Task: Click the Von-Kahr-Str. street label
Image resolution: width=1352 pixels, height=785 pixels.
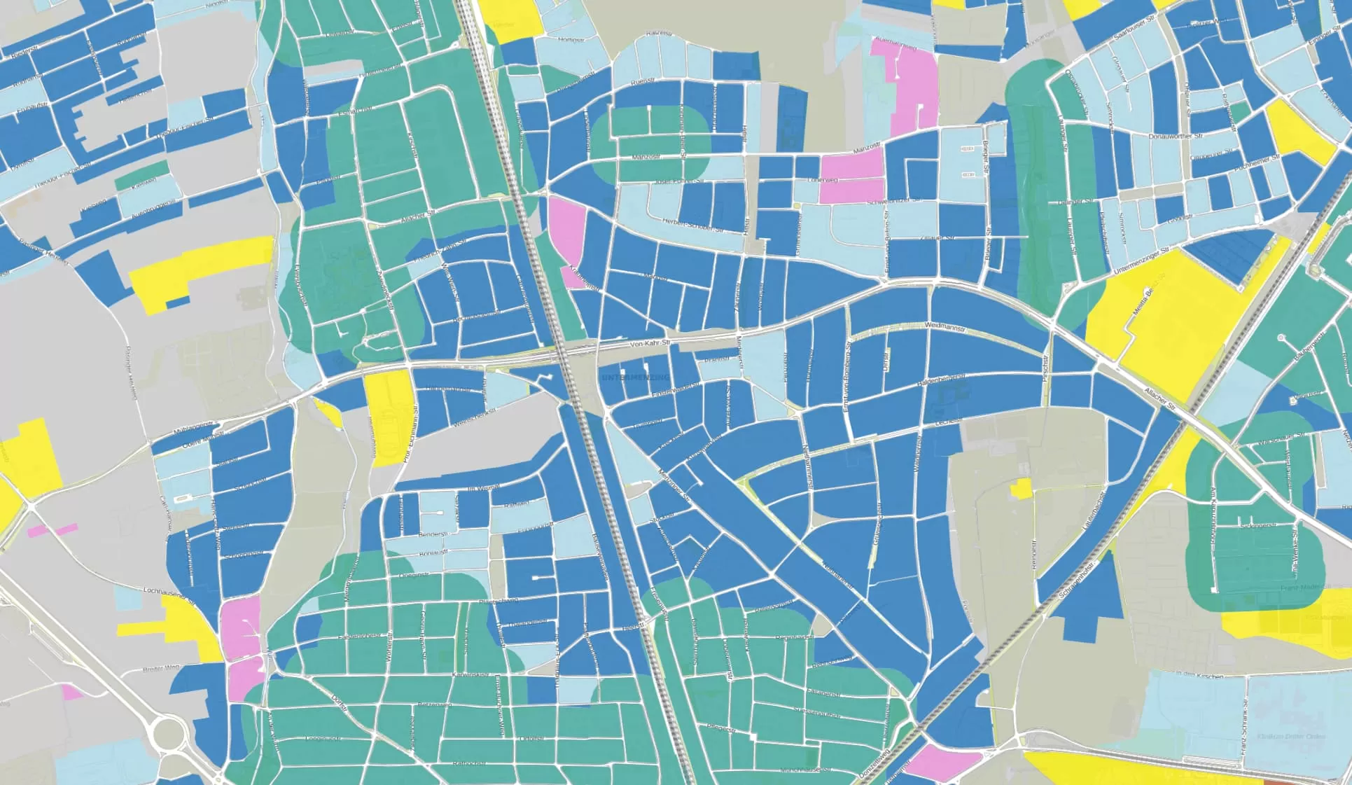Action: tap(650, 344)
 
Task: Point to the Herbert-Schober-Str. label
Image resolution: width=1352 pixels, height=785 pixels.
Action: tap(692, 225)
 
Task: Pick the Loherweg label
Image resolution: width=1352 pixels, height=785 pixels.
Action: tap(823, 180)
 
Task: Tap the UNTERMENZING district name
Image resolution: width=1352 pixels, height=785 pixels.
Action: tap(635, 378)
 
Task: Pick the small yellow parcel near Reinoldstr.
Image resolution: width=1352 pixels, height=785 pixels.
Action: tap(1021, 488)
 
